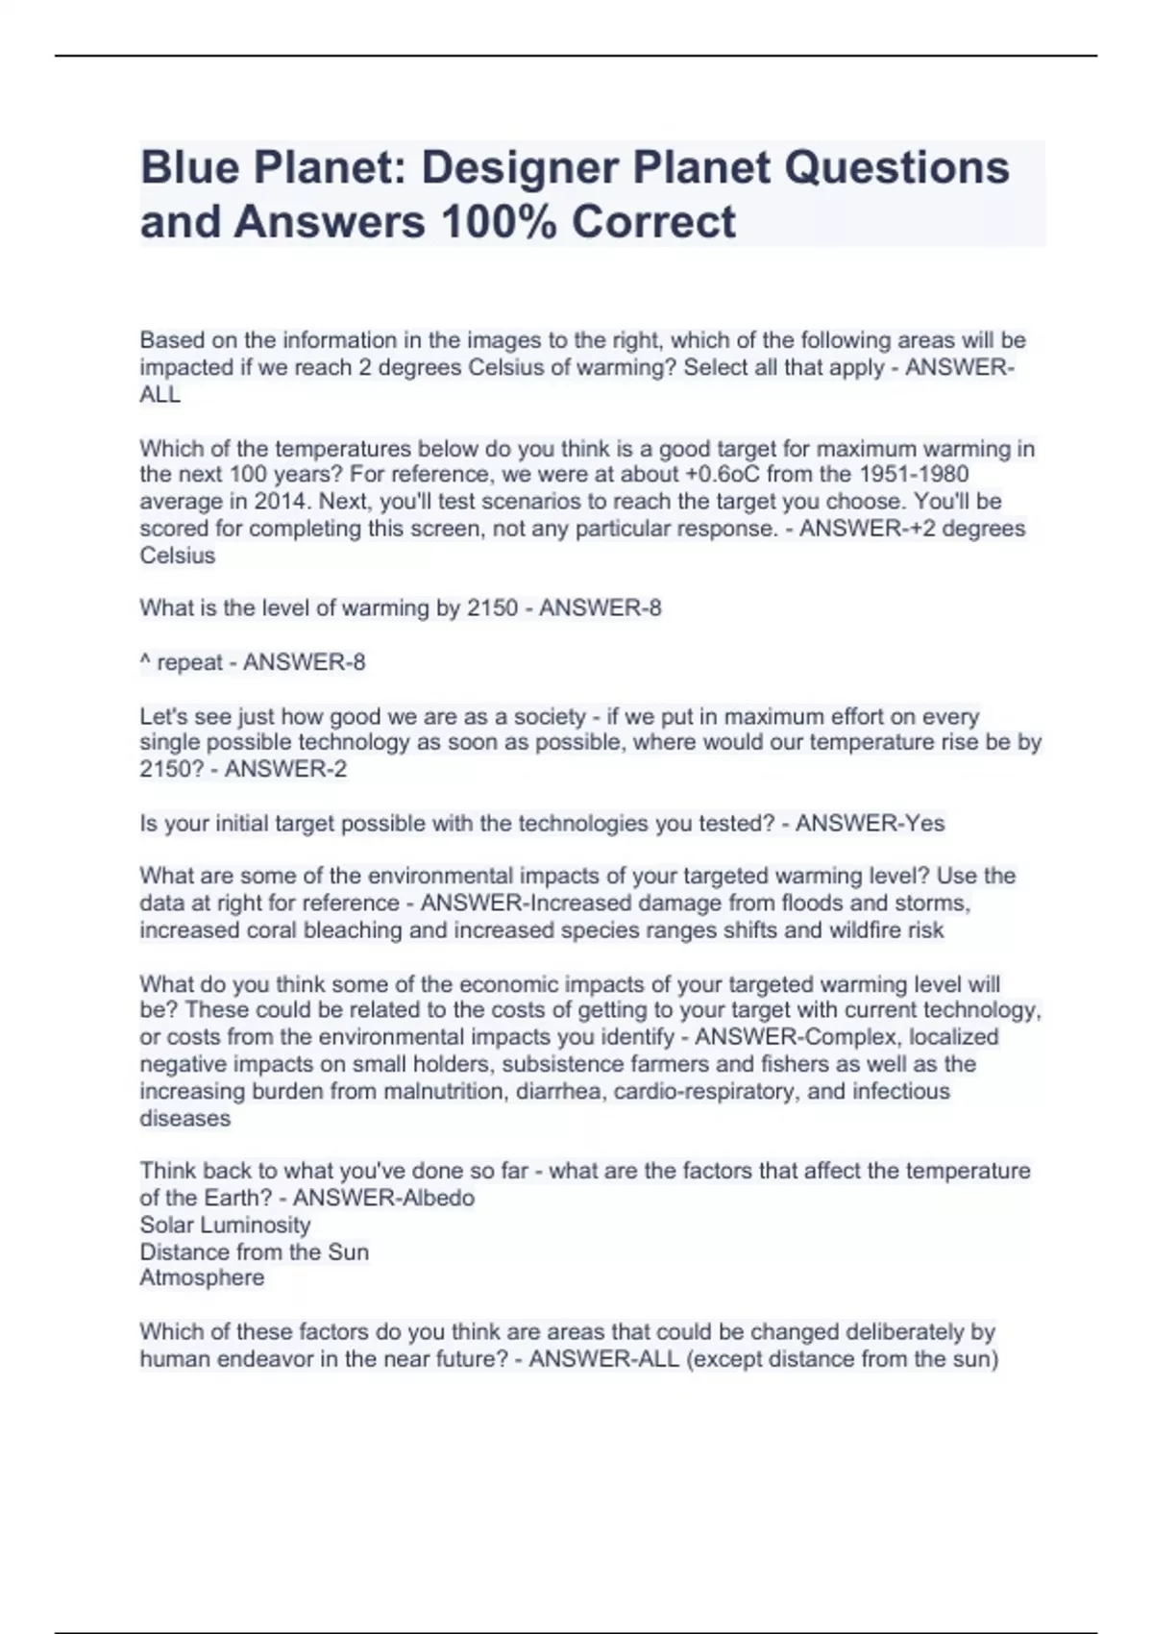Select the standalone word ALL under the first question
tap(160, 395)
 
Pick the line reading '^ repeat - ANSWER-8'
tap(253, 662)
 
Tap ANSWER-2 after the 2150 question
tap(285, 770)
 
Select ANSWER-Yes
tap(870, 824)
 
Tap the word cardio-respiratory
tap(706, 1092)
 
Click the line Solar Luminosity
tap(225, 1225)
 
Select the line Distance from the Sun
tap(254, 1252)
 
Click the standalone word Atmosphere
tap(202, 1278)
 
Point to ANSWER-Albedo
tap(383, 1199)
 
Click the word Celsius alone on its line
tap(178, 556)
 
